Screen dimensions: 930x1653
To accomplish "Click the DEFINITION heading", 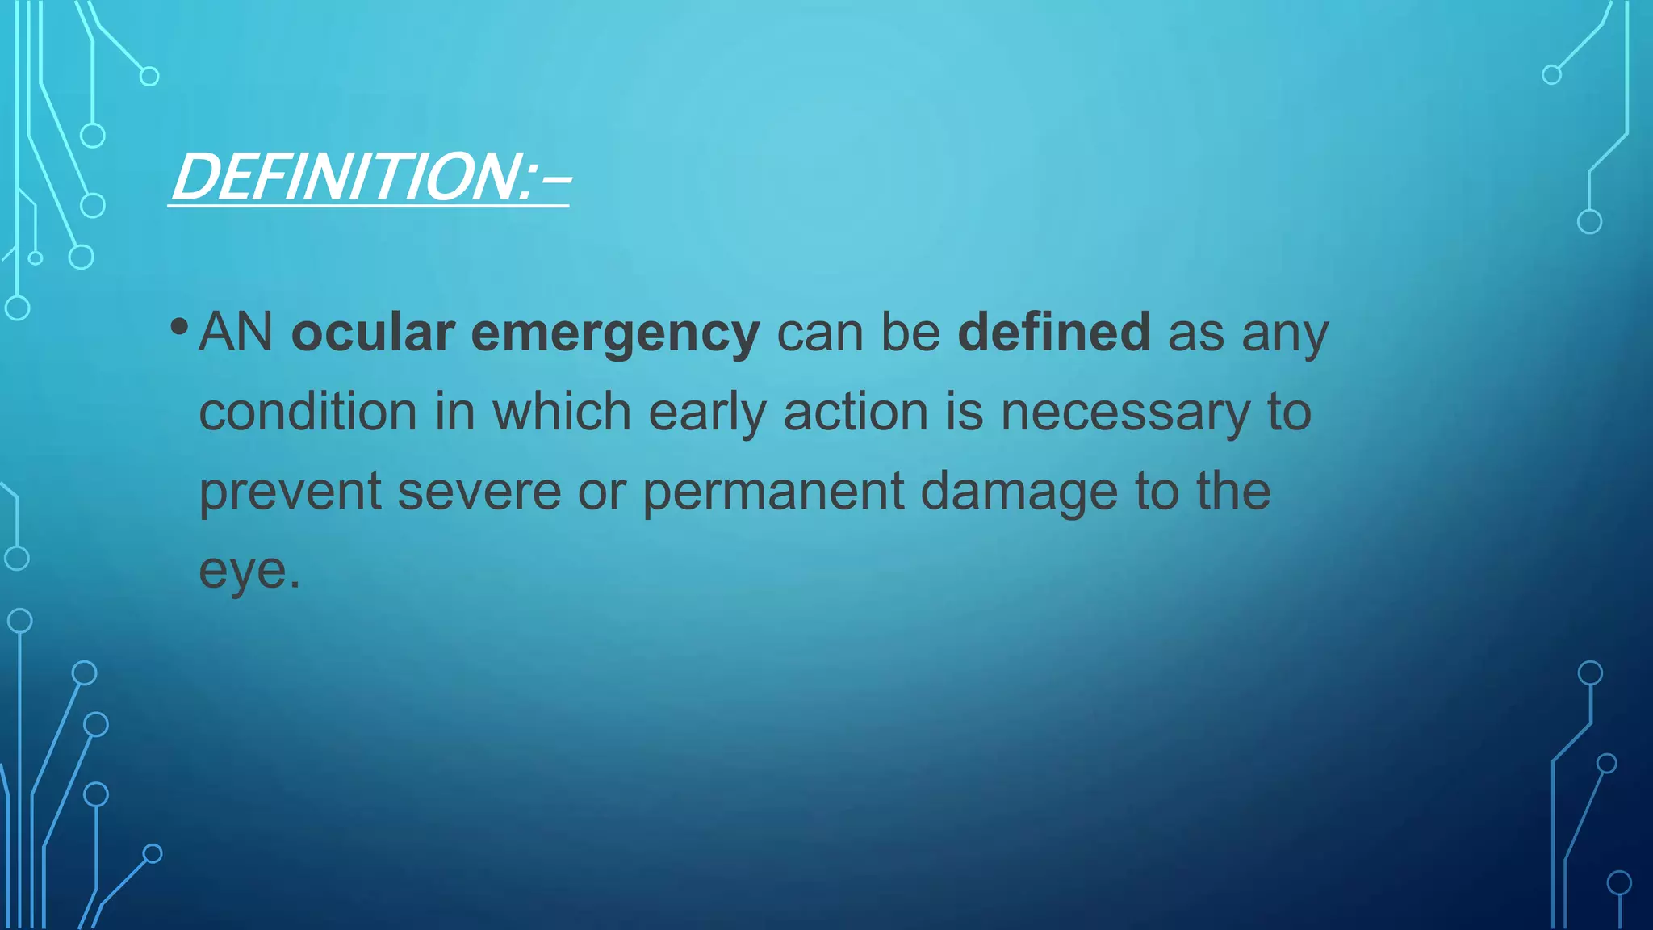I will tap(370, 178).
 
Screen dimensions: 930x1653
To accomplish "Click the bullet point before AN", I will tap(179, 327).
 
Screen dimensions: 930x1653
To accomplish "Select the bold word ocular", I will tap(373, 332).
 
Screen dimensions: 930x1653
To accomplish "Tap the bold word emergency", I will tap(615, 333).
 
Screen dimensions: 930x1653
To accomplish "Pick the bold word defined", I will tap(1054, 332).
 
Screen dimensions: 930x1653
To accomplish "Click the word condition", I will tap(308, 411).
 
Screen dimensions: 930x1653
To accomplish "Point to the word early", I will tap(707, 413).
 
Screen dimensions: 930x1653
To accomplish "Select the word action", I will tap(856, 411).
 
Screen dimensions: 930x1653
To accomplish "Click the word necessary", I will tap(1125, 413).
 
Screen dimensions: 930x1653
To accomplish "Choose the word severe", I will tap(479, 492).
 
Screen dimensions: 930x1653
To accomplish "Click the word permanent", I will tap(773, 492).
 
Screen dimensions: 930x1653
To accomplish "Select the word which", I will tap(562, 411).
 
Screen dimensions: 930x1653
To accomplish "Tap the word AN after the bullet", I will tap(236, 332).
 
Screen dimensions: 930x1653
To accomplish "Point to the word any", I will tap(1285, 333).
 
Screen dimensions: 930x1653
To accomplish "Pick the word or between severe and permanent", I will tap(601, 492).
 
